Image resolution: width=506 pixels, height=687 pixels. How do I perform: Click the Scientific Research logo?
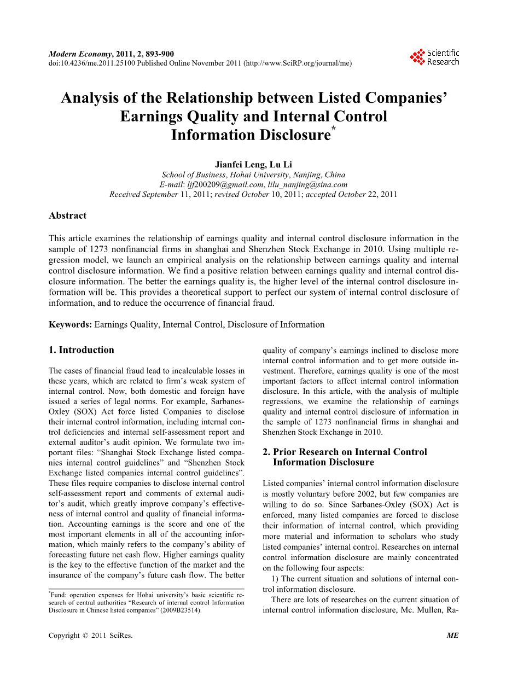tap(435, 57)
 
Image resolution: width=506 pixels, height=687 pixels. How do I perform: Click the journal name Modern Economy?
tap(80, 54)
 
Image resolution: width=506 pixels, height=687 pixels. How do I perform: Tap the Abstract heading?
tap(67, 216)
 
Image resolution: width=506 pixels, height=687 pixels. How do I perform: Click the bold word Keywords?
tap(70, 324)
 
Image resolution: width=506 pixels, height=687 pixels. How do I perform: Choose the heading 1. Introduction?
tap(82, 350)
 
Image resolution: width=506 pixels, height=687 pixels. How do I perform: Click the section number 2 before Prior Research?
tap(266, 452)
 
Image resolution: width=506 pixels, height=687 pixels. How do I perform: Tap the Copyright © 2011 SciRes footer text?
tap(90, 636)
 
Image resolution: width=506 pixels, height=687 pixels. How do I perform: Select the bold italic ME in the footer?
tap(452, 636)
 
